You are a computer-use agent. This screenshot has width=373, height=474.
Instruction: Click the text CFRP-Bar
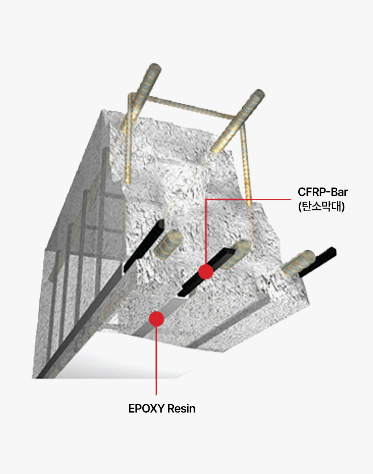(322, 192)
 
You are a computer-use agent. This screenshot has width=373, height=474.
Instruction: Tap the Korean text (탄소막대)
(321, 206)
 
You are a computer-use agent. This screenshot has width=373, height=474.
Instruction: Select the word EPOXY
(146, 409)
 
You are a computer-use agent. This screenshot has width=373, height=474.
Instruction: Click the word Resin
(181, 409)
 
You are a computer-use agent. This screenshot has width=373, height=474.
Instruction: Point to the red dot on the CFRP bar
(206, 272)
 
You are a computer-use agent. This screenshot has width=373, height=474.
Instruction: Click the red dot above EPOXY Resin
(156, 319)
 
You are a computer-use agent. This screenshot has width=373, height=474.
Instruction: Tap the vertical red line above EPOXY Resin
(156, 360)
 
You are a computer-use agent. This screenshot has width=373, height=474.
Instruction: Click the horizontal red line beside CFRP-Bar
(248, 199)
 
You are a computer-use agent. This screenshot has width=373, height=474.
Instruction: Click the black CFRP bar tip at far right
(333, 251)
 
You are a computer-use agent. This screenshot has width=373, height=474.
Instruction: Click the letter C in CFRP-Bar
(302, 192)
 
